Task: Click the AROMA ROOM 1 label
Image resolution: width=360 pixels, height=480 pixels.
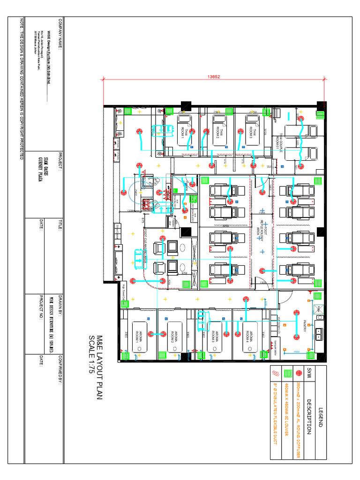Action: [140, 336]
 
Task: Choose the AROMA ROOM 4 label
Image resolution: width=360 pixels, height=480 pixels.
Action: [250, 336]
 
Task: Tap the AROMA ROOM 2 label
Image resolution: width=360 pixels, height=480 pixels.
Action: [174, 336]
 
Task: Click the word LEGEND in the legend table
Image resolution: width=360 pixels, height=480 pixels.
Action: [321, 413]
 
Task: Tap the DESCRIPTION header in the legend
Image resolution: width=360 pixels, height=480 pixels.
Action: [309, 413]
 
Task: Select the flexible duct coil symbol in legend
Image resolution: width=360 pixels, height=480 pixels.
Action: [275, 374]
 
